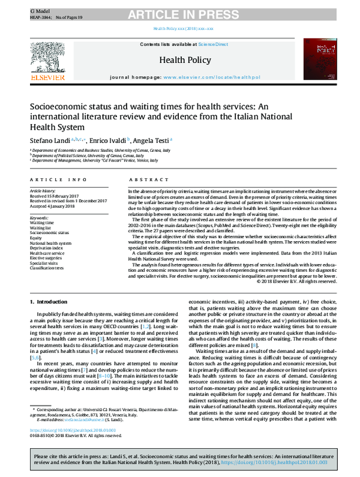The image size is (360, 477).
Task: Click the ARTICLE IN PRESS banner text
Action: coord(180,13)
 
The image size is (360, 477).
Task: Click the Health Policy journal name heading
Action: coord(180,60)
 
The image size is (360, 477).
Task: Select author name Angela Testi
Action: coord(151,139)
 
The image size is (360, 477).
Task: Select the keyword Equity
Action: coord(37,237)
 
